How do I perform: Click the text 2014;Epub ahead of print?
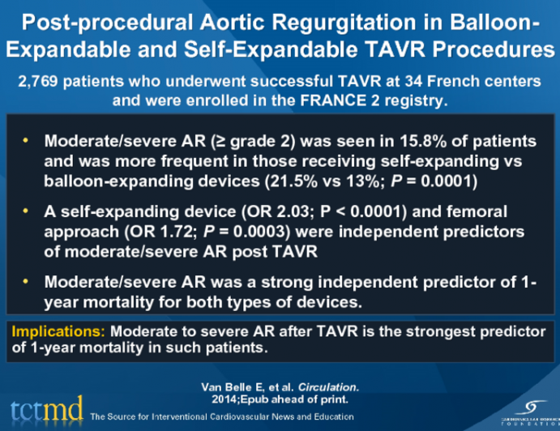click(280, 399)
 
